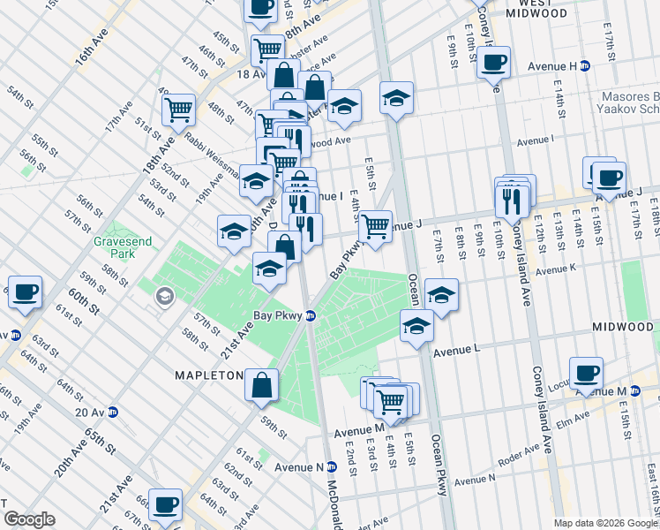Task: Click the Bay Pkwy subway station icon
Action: (311, 315)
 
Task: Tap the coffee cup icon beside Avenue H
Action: (494, 63)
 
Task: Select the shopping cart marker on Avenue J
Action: (376, 226)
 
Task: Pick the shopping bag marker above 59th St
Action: (262, 385)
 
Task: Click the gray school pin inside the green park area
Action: (163, 297)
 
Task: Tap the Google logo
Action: (29, 519)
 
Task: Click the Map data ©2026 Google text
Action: (605, 523)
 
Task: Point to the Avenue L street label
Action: (455, 349)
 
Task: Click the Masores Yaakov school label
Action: (628, 102)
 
